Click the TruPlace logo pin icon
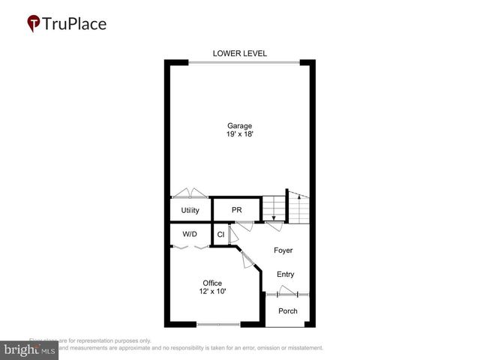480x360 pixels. (x=33, y=23)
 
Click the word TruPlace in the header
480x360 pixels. (x=74, y=23)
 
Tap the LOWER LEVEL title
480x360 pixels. (x=240, y=53)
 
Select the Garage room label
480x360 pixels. (x=240, y=125)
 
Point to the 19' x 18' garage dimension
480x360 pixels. (x=240, y=135)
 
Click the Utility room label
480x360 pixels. (x=190, y=210)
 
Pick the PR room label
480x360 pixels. (x=235, y=210)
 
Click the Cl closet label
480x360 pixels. (x=220, y=235)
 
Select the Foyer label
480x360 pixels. (x=283, y=250)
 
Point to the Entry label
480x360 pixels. (x=285, y=274)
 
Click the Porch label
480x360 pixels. (x=287, y=310)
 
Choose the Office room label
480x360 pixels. (x=212, y=283)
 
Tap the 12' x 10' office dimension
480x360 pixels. (x=212, y=292)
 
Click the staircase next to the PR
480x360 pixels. (x=286, y=208)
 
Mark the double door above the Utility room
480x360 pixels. (x=190, y=193)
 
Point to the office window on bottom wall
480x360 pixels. (x=218, y=324)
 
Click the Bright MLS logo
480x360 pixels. (x=29, y=350)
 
